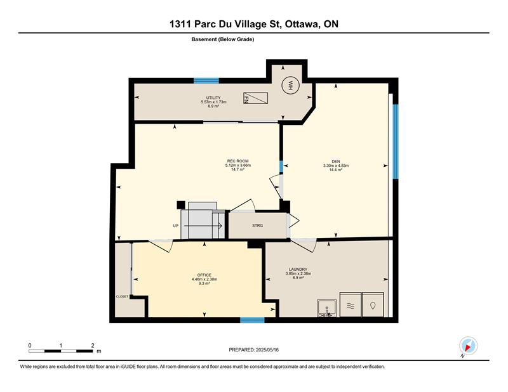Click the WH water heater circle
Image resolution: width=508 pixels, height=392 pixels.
291,85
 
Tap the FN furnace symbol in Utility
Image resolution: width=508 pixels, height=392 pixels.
256,98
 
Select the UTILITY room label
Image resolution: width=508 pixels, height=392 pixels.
213,98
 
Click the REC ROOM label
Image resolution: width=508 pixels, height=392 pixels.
237,161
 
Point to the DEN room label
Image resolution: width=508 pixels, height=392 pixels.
336,161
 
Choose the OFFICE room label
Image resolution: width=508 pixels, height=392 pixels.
204,275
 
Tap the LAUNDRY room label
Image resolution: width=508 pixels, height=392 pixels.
298,270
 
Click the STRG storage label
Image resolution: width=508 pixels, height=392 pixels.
258,226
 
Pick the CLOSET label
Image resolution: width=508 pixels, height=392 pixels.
122,296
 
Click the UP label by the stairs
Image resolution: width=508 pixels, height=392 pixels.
176,226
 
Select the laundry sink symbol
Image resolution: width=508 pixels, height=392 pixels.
327,308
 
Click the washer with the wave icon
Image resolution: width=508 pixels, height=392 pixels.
351,305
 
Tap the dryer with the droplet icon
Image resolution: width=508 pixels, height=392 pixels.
373,305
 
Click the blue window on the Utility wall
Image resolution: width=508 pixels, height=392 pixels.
206,81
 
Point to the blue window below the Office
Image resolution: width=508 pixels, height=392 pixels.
252,320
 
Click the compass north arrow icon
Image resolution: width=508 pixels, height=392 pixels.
468,346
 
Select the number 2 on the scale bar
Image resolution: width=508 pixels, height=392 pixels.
93,346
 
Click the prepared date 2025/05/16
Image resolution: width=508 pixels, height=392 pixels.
267,350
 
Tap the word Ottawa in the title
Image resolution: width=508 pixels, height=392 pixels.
301,24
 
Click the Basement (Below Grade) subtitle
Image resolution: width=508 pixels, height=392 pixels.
223,39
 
